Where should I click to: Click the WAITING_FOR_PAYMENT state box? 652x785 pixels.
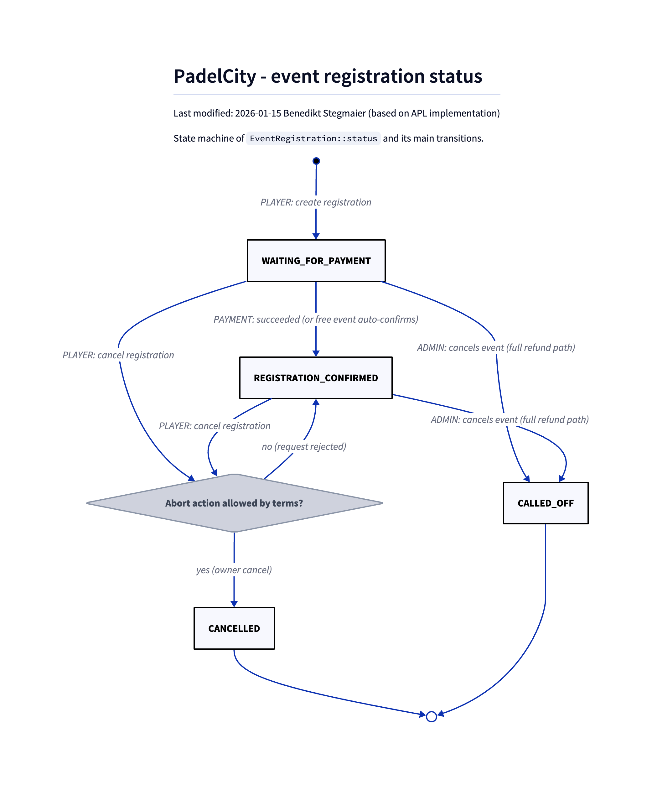(316, 261)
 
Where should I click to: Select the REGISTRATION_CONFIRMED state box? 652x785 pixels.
(316, 377)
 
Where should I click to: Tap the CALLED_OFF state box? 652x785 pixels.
(545, 503)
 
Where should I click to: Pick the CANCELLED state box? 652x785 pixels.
(234, 628)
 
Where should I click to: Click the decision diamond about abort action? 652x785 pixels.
(234, 503)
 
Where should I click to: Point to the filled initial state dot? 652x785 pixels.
(316, 161)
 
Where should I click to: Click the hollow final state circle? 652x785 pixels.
(431, 717)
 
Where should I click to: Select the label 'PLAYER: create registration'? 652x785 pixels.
(316, 202)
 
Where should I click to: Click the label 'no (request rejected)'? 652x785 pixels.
(304, 446)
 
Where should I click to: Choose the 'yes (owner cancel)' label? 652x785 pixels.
(234, 570)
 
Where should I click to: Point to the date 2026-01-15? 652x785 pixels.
(258, 113)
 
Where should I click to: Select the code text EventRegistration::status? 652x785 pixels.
(313, 139)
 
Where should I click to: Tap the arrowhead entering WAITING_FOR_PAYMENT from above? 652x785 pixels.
(316, 236)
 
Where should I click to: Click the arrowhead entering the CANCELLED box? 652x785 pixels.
(234, 604)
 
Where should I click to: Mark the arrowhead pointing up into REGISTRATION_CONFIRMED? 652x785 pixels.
(316, 403)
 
